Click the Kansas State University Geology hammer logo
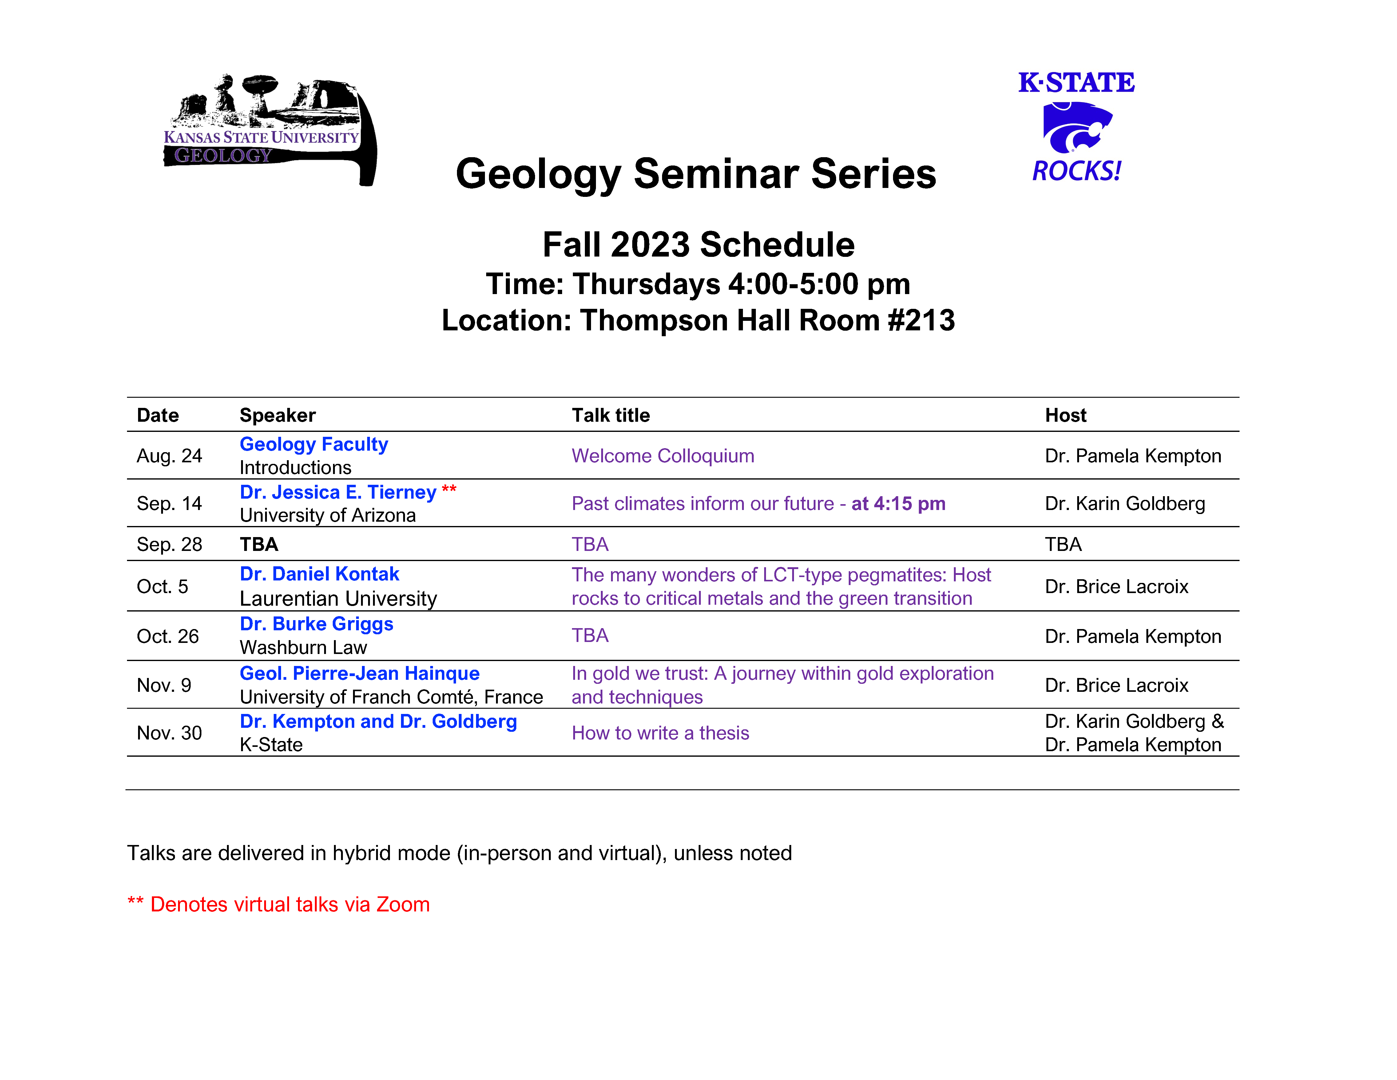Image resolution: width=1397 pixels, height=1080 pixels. click(270, 130)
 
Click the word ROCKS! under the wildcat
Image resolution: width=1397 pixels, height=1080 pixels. click(1077, 171)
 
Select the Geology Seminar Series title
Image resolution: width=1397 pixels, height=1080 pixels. click(696, 174)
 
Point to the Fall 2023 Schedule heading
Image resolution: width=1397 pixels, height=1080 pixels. click(699, 245)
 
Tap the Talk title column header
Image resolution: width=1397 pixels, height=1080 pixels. click(611, 415)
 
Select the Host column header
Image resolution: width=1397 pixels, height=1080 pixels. click(1066, 415)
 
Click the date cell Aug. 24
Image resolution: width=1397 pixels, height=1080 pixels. click(169, 456)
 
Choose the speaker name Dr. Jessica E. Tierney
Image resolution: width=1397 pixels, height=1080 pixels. click(338, 492)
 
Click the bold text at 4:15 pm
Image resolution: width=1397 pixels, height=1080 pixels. click(898, 504)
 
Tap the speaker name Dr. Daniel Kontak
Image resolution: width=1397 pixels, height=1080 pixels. click(319, 574)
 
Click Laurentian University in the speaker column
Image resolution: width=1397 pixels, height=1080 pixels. click(338, 599)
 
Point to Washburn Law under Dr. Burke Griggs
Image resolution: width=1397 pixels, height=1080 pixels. click(303, 648)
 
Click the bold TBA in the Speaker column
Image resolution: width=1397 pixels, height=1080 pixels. click(259, 544)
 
